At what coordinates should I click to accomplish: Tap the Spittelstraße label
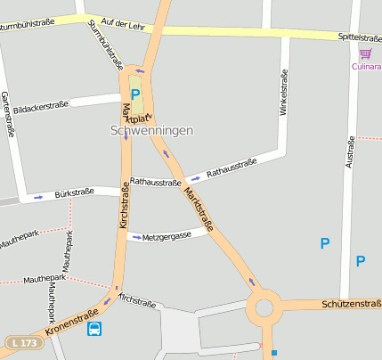tap(360, 37)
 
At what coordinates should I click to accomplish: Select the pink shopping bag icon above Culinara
tap(365, 53)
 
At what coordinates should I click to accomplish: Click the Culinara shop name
tap(366, 66)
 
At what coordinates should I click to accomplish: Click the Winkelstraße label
tap(284, 94)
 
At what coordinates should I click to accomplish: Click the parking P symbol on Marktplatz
tap(135, 94)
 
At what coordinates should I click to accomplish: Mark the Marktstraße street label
tap(198, 209)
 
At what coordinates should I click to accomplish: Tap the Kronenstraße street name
tap(71, 322)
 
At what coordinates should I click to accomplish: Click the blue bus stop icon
tap(94, 329)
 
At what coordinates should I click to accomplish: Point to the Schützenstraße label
tap(351, 305)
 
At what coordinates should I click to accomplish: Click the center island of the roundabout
tap(264, 309)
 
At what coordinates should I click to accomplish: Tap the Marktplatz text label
tap(136, 115)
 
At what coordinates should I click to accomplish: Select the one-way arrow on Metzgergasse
tap(134, 237)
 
